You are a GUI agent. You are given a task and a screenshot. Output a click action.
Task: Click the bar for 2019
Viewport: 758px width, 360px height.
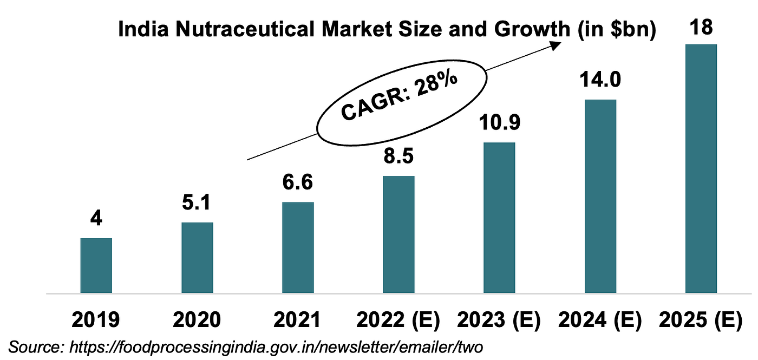tap(96, 265)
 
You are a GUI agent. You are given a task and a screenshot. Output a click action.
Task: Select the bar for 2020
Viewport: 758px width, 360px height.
tap(197, 258)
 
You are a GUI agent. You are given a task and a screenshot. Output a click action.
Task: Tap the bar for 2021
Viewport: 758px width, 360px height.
tap(298, 247)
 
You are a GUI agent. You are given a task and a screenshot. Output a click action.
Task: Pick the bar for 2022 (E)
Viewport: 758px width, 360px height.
tap(398, 234)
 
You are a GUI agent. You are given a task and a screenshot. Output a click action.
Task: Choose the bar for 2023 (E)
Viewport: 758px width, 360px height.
tap(499, 218)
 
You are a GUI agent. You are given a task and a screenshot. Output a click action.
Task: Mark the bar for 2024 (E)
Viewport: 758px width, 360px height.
tap(600, 196)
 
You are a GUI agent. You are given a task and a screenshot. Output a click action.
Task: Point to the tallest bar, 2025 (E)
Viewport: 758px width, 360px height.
tap(701, 168)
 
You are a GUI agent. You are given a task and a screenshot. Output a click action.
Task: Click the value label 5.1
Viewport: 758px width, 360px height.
tap(197, 203)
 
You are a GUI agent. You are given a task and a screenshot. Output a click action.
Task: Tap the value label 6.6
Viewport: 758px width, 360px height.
tap(298, 183)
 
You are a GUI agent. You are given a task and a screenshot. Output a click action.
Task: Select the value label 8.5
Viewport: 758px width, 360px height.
tap(398, 157)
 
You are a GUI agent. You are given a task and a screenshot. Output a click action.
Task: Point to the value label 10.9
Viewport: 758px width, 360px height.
tap(499, 123)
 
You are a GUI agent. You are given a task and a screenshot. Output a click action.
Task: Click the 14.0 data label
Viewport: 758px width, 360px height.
tap(600, 81)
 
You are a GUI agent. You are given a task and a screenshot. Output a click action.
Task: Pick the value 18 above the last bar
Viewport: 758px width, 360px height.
tap(701, 26)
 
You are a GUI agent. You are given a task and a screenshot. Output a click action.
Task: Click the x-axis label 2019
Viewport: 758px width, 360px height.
tap(96, 319)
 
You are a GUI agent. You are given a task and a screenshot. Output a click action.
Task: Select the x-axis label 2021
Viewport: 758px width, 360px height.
tap(298, 319)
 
